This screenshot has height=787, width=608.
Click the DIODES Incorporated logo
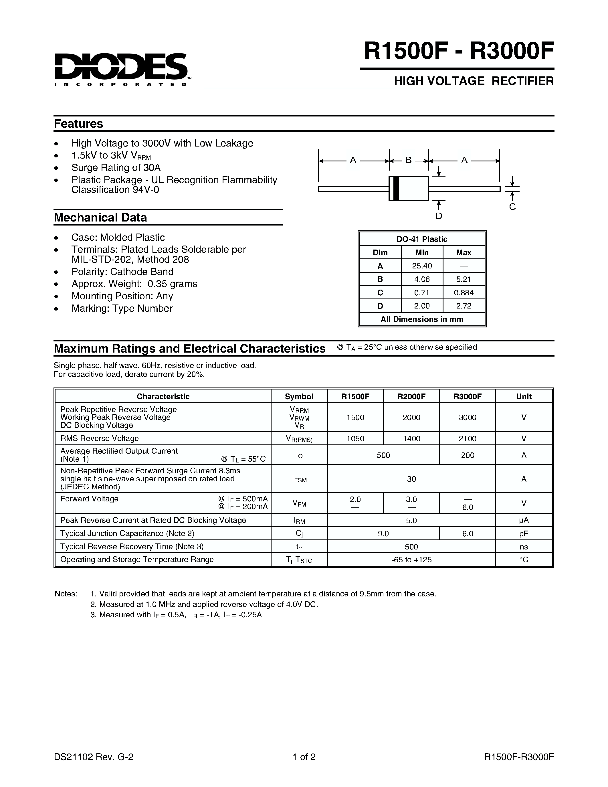pyautogui.click(x=121, y=69)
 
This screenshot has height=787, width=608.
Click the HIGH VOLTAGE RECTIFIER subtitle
pyautogui.click(x=474, y=81)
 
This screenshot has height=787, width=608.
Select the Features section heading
pyautogui.click(x=78, y=124)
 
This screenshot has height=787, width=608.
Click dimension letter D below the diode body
pyautogui.click(x=439, y=216)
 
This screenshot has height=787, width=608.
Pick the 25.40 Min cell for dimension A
pyautogui.click(x=422, y=266)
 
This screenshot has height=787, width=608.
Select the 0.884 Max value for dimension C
pyautogui.click(x=464, y=292)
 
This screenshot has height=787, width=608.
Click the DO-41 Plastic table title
pyautogui.click(x=422, y=239)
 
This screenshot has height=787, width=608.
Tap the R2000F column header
pyautogui.click(x=411, y=396)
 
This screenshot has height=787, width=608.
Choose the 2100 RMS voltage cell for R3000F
pyautogui.click(x=467, y=438)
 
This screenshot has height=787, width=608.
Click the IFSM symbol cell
pyautogui.click(x=299, y=479)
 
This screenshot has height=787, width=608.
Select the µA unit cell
pyautogui.click(x=523, y=520)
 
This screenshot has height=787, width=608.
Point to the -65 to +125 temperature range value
pyautogui.click(x=411, y=559)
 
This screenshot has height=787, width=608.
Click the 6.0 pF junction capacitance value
pyautogui.click(x=467, y=534)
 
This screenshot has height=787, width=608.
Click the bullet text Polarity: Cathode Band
pyautogui.click(x=122, y=272)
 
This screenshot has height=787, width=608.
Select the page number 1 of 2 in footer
pyautogui.click(x=304, y=757)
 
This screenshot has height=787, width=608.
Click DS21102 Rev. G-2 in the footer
pyautogui.click(x=94, y=757)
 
